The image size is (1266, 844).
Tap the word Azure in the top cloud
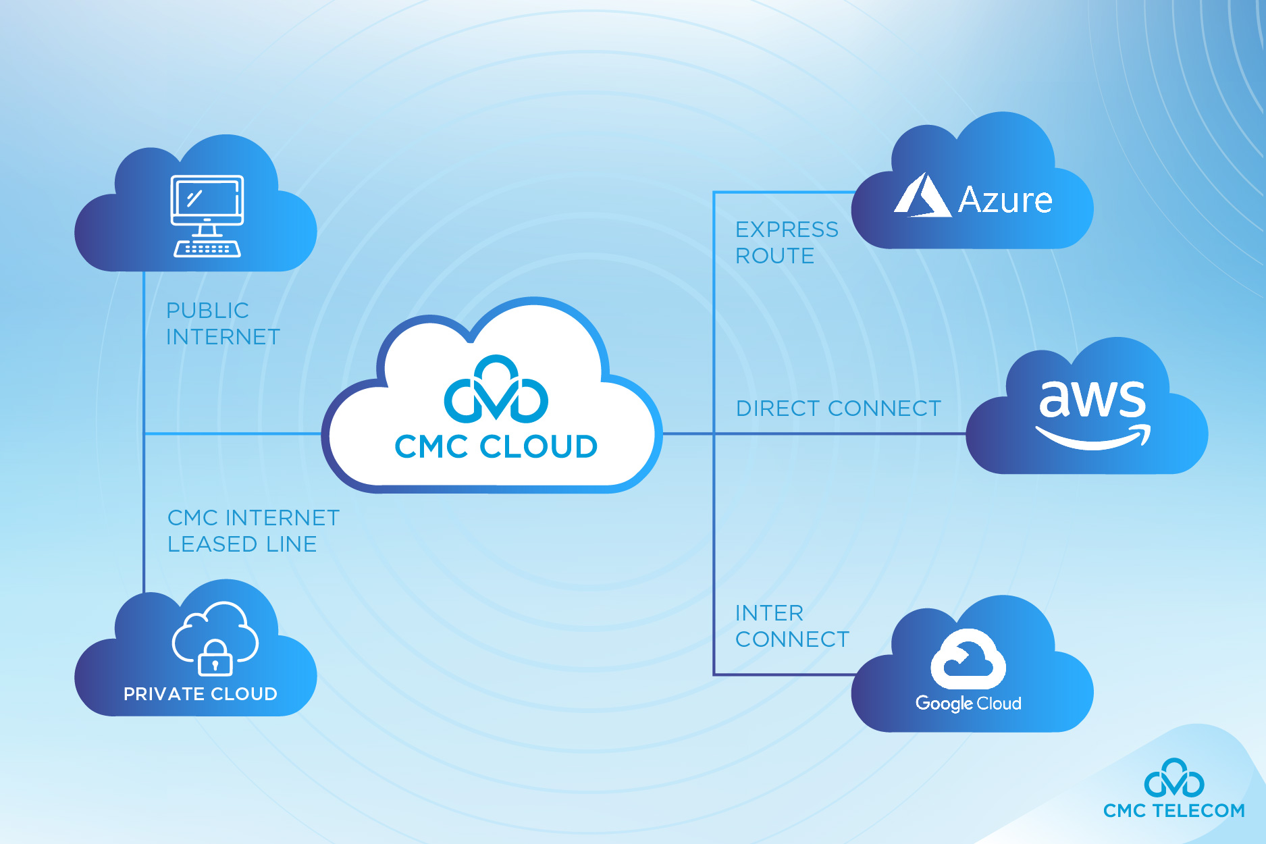(x=1005, y=200)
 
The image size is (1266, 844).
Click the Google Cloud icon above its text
(x=968, y=659)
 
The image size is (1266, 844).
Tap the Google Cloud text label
(x=968, y=703)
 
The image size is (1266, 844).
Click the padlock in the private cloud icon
(x=215, y=659)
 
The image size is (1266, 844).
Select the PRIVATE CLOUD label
(x=201, y=694)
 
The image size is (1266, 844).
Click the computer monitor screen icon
(x=207, y=201)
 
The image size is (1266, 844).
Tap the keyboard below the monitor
(x=207, y=249)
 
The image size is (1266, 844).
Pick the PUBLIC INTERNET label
(x=223, y=323)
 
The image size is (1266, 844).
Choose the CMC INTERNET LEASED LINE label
(x=253, y=531)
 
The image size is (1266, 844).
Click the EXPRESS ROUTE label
(x=787, y=242)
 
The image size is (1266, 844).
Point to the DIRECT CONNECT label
(x=838, y=408)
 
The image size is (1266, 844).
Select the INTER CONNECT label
(x=791, y=626)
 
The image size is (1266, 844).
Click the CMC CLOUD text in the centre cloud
(x=496, y=447)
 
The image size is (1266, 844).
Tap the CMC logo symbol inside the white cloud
(x=496, y=390)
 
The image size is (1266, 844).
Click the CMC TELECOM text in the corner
(x=1173, y=810)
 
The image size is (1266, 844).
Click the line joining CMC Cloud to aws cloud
(x=837, y=433)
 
